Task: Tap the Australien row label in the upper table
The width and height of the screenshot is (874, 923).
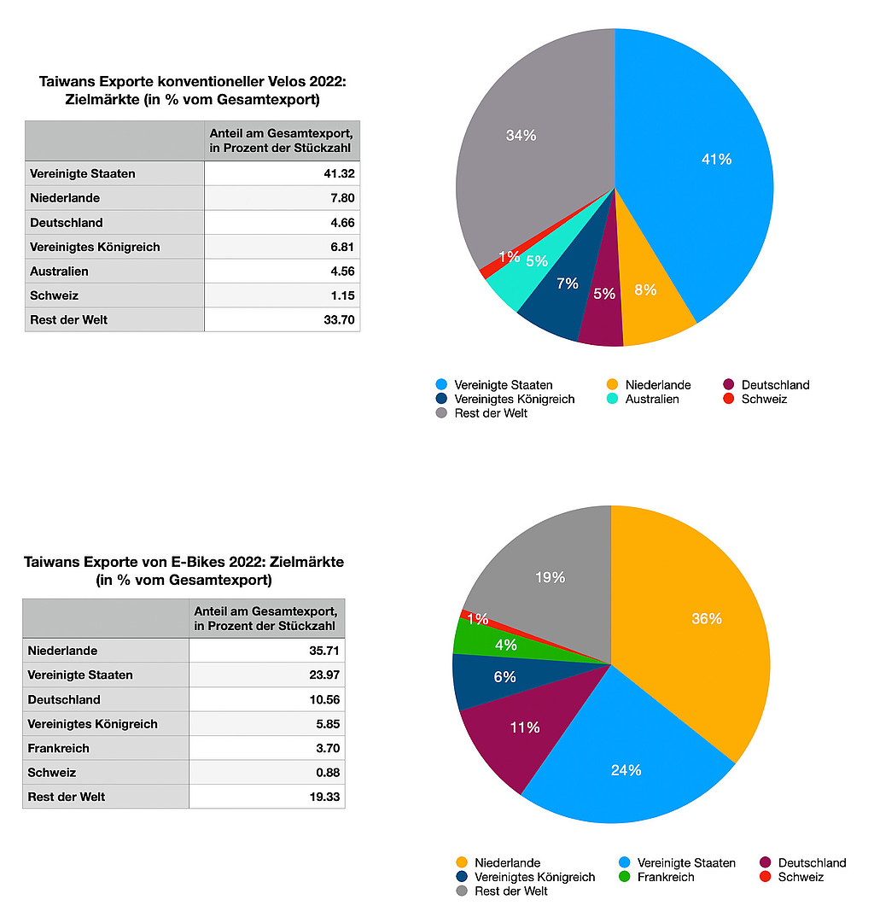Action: point(59,272)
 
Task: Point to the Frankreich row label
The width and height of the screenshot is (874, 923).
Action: point(58,748)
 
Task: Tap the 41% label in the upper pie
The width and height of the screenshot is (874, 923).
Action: point(716,159)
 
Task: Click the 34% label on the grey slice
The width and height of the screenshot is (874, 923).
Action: point(521,135)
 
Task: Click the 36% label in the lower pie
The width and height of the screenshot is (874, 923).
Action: point(707,618)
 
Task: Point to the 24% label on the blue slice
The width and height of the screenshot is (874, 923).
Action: point(626,770)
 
